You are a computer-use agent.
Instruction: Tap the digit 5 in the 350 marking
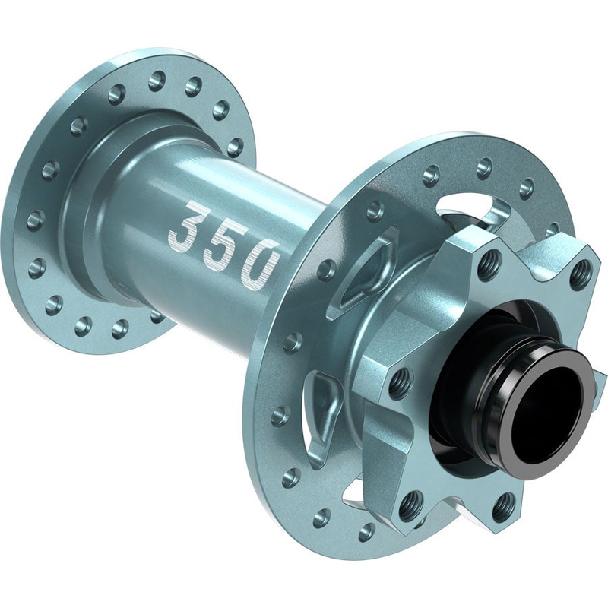(x=221, y=245)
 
